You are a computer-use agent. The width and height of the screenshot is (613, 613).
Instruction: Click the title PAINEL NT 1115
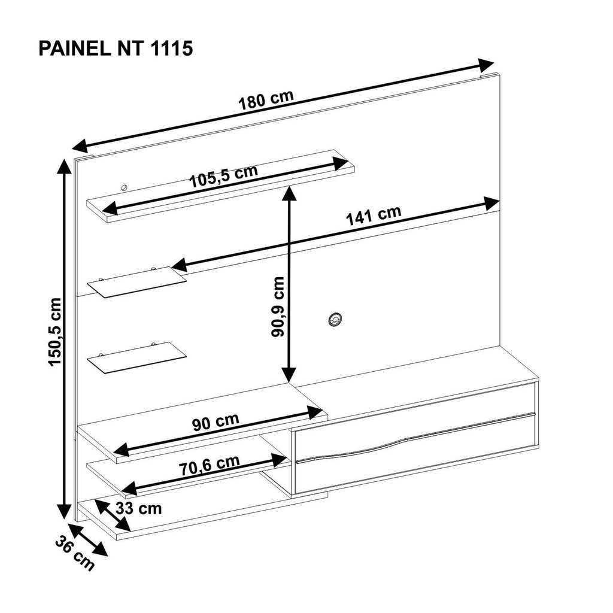point(116,49)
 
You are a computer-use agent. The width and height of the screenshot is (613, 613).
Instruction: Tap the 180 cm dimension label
point(266,100)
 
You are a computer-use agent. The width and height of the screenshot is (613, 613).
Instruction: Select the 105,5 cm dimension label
point(224,176)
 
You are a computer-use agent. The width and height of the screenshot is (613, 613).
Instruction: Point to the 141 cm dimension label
point(374,215)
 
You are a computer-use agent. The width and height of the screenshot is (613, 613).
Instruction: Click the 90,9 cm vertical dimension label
point(278,307)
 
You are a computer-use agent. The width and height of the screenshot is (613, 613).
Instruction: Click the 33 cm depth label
point(139,509)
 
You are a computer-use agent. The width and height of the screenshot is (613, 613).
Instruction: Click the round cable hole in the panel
point(335,320)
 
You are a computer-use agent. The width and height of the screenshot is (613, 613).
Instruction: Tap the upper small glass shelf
point(136,282)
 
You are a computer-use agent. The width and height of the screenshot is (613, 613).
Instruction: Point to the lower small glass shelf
point(136,358)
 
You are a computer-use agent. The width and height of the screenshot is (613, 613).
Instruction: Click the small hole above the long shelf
point(125,187)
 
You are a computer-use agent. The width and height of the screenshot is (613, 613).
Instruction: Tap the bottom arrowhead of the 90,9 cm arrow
point(289,375)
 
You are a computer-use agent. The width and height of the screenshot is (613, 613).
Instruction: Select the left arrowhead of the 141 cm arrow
point(180,265)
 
